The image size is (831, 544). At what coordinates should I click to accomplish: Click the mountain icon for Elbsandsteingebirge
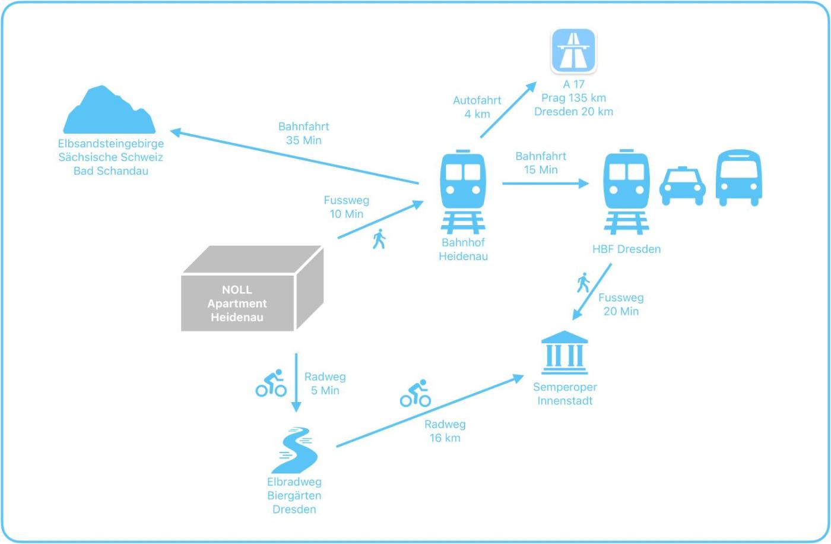click(x=109, y=112)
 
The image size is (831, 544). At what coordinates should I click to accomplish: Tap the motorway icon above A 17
click(x=573, y=50)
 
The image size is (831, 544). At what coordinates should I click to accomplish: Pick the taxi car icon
click(x=682, y=186)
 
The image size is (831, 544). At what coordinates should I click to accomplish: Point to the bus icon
click(x=738, y=178)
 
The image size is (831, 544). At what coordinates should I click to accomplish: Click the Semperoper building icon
click(x=564, y=353)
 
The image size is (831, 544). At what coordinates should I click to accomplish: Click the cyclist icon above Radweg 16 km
click(x=415, y=393)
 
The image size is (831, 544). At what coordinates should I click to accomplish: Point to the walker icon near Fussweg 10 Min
click(x=379, y=239)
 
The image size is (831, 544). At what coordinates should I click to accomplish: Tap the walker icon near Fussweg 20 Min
click(x=583, y=283)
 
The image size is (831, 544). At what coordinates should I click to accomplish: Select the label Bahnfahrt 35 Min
click(x=303, y=134)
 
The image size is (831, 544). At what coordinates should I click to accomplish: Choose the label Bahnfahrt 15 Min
click(x=541, y=163)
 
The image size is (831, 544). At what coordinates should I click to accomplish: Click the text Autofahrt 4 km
click(x=477, y=107)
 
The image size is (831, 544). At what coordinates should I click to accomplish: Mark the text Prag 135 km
click(x=573, y=98)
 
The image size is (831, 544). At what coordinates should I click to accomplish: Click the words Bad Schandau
click(x=111, y=171)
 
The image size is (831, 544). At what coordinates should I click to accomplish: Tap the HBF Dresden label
click(x=626, y=249)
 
